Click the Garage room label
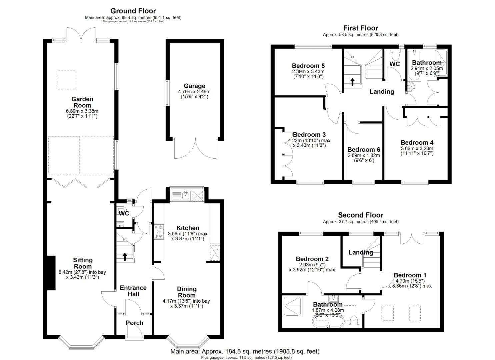(194, 86)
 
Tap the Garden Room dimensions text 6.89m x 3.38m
(82, 111)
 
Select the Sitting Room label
(83, 263)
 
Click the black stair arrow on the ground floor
(125, 257)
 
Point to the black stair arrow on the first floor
(352, 82)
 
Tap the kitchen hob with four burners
(159, 232)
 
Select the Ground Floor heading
(133, 11)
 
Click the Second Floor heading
(361, 215)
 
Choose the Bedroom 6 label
(364, 150)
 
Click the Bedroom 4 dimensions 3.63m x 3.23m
(417, 149)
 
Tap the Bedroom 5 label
(308, 66)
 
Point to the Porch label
(134, 323)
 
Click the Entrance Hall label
(133, 291)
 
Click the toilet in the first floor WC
(394, 53)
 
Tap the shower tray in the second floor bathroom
(292, 306)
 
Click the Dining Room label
(187, 292)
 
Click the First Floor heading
(361, 28)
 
